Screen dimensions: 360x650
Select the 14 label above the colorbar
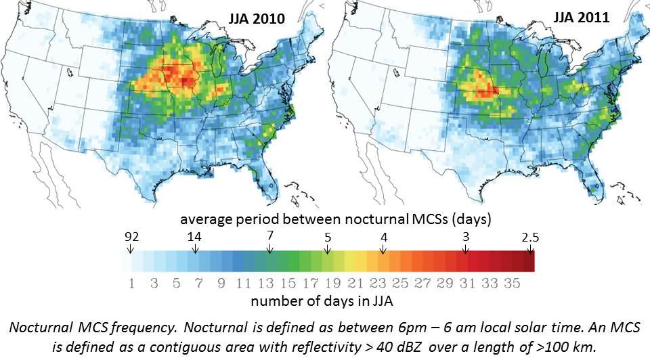coord(195,238)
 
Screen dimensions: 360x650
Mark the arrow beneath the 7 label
coord(270,248)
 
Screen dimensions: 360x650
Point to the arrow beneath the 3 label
coord(465,248)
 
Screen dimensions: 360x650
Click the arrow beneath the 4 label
coord(383,248)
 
